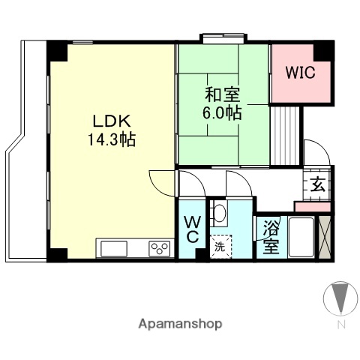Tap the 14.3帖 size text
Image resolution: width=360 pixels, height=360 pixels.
pyautogui.click(x=112, y=139)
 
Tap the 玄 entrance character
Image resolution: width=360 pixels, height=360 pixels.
pyautogui.click(x=317, y=184)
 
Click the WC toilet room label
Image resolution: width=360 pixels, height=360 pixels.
pyautogui.click(x=191, y=229)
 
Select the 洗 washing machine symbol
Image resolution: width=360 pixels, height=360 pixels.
pyautogui.click(x=220, y=246)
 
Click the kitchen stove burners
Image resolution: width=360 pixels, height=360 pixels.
pyautogui.click(x=159, y=248)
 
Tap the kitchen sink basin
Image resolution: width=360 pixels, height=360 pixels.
pyautogui.click(x=115, y=248)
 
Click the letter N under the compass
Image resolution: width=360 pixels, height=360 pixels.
pyautogui.click(x=341, y=325)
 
